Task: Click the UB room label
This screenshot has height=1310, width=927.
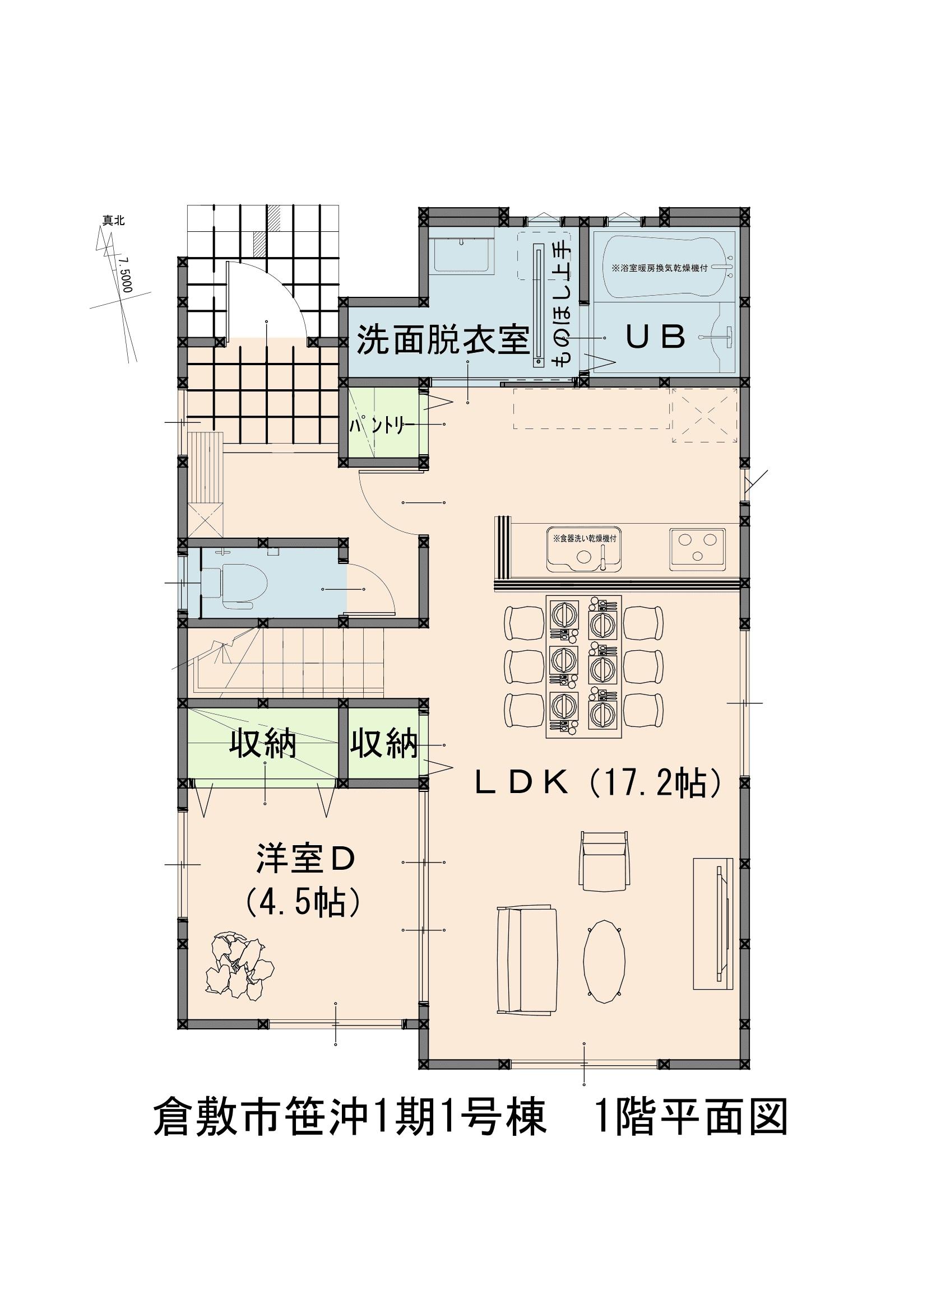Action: tap(656, 338)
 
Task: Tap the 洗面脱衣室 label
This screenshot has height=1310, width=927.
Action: tap(442, 341)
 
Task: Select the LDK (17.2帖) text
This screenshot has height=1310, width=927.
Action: tap(599, 784)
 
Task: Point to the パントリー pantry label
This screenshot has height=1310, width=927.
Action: tap(381, 424)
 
